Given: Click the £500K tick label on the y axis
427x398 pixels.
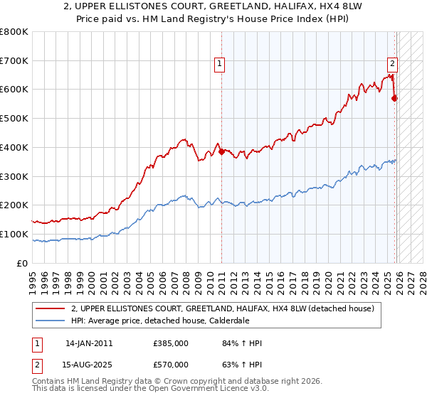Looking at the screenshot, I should coord(14,119).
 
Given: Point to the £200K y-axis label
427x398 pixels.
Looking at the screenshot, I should coord(14,205).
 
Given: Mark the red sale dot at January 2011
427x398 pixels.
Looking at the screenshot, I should coord(221,151).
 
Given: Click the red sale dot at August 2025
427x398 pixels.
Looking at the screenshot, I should coord(395,98).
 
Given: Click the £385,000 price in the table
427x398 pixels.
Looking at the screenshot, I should coord(170,343).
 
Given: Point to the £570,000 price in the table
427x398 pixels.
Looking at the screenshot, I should coord(170,365).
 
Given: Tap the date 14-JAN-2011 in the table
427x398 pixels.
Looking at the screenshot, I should coord(89,343).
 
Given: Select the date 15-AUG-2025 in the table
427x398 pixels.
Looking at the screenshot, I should coord(89,365).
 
